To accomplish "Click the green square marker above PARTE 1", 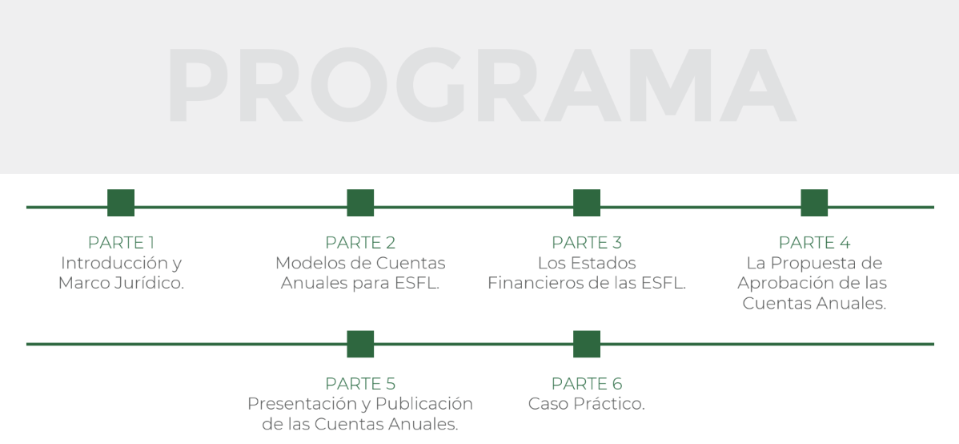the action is [x=121, y=203].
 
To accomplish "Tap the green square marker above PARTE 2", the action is [x=360, y=203].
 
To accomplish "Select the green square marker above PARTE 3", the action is [x=587, y=203].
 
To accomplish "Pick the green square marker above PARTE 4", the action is [x=814, y=203].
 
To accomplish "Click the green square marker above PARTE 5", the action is [x=360, y=344].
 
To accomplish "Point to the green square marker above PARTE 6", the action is [x=587, y=344].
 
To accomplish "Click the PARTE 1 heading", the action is [x=121, y=243].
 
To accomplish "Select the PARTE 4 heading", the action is [x=814, y=243].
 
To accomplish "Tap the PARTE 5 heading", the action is [x=360, y=384].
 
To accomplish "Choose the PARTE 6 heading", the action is [x=587, y=384].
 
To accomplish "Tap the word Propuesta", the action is [x=811, y=264].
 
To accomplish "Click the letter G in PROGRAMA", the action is [x=430, y=84].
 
